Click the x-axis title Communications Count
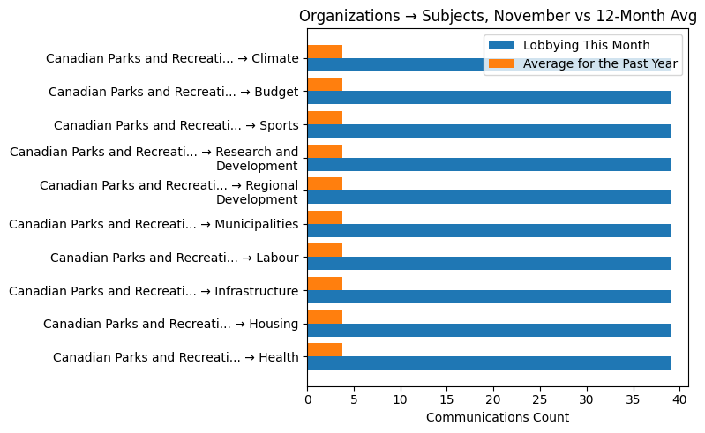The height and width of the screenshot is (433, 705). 497,417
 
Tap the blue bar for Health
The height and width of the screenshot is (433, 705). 489,362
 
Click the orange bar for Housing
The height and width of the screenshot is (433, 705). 325,317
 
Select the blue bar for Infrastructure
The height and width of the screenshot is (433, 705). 489,296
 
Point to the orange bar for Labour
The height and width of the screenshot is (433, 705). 325,250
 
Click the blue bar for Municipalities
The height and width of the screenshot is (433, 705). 489,230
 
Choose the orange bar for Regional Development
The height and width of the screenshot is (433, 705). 325,184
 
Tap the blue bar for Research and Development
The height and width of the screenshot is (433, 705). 489,164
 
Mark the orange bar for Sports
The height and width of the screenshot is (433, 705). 325,118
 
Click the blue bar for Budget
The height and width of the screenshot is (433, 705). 489,98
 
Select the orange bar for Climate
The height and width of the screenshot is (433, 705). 325,52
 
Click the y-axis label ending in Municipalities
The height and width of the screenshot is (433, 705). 154,224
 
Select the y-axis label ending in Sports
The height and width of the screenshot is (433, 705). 176,125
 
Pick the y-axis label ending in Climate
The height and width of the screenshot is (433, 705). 172,59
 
